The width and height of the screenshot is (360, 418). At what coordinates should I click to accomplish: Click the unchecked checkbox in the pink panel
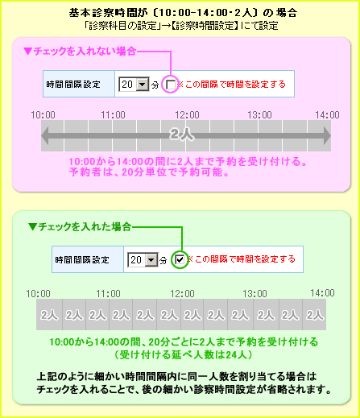(x=171, y=85)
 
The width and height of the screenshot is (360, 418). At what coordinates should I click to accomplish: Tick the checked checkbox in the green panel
(x=180, y=259)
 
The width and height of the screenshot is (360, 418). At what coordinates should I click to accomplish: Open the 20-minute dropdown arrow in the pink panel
(x=143, y=85)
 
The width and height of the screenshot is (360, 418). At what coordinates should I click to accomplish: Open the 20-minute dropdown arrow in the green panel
(x=151, y=260)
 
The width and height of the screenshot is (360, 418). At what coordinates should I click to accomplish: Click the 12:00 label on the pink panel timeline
(x=187, y=115)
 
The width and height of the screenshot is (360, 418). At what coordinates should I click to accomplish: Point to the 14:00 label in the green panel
(x=322, y=293)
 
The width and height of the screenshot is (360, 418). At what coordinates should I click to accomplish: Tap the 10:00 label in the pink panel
(x=43, y=115)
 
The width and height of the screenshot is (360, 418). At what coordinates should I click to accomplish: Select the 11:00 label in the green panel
(x=108, y=293)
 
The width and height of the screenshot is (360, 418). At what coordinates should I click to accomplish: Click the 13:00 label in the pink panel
(x=259, y=115)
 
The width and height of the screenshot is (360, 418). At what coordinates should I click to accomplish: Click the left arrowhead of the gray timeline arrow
(x=45, y=135)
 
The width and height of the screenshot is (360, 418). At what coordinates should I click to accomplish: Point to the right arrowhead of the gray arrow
(x=327, y=135)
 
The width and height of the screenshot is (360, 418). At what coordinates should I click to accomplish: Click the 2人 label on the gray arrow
(x=181, y=135)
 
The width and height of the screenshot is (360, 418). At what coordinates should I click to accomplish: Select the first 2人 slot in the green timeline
(x=49, y=315)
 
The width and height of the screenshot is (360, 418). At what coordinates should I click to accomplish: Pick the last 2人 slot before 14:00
(x=314, y=315)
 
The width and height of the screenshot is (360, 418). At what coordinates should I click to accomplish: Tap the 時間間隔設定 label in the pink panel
(x=73, y=85)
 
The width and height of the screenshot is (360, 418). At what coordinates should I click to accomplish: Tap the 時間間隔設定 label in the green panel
(x=82, y=260)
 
